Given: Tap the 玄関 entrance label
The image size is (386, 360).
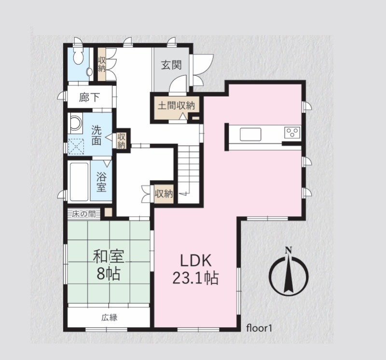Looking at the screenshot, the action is tap(171, 65).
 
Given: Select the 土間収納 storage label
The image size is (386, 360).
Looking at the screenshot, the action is tap(176, 105).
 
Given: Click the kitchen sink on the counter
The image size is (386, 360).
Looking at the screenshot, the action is tap(250, 135).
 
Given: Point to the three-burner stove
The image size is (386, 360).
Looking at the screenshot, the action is tap(292, 133).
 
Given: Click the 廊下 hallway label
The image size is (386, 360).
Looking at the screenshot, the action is tap(89, 97).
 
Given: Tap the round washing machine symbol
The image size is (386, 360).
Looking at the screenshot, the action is tap(75, 123).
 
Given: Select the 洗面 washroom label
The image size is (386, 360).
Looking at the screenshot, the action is tap(96, 135).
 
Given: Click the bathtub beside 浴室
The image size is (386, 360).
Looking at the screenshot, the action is tap(79, 182).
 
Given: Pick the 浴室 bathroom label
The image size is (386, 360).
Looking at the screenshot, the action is tap(101, 182).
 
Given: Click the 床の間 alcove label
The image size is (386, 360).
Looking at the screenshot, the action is tap(84, 214).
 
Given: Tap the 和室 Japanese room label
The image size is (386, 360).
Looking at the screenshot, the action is tap(108, 257).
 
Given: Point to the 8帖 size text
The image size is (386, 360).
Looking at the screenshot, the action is tap(109, 274).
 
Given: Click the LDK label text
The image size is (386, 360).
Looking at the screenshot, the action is tap(196, 261).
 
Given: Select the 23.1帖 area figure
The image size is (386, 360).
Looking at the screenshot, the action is tap(195, 278).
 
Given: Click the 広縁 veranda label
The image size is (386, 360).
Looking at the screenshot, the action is tap(110, 318).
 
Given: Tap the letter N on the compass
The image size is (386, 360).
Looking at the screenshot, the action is tap(288, 250).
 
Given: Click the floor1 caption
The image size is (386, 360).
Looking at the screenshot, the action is tap(259, 328).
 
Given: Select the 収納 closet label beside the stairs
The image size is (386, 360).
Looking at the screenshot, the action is tap(164, 194).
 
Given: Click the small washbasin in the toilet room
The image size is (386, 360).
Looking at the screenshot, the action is tap(90, 71).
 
